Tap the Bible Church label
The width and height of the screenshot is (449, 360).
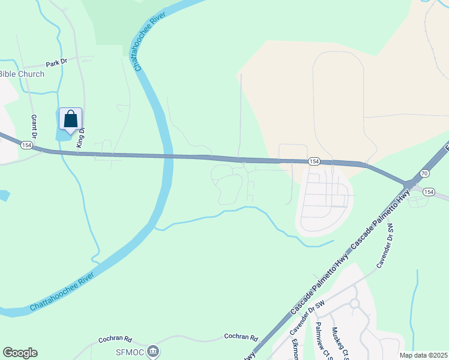tap(22, 74)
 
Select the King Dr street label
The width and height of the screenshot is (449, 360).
tap(80, 137)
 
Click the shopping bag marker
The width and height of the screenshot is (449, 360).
tap(70, 119)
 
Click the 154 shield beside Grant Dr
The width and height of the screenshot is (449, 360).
tap(26, 145)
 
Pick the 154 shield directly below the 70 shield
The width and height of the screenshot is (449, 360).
tap(428, 191)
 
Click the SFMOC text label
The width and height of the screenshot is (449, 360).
tap(132, 350)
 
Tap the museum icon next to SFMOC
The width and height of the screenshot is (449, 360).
tap(153, 350)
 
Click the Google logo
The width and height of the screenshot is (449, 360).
tap(20, 353)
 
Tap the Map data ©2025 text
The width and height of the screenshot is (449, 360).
tap(423, 355)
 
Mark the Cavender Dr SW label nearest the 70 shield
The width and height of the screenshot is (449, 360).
tap(384, 246)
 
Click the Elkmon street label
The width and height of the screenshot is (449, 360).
tap(295, 350)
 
